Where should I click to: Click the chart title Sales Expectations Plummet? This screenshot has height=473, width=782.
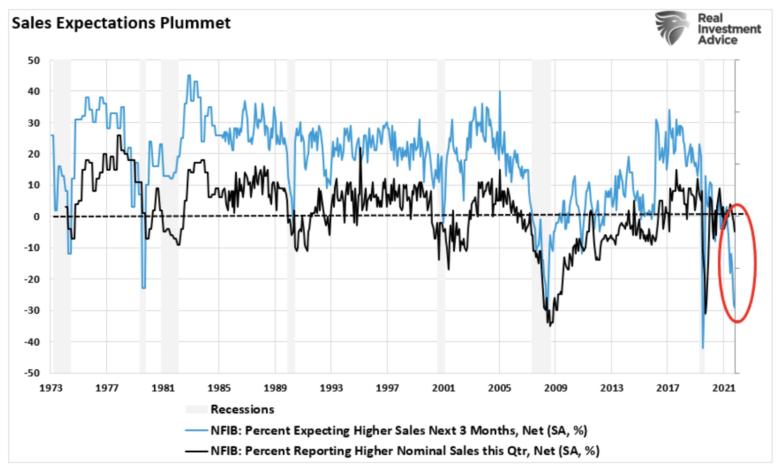(x=121, y=23)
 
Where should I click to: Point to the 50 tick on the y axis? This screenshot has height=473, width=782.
(x=34, y=60)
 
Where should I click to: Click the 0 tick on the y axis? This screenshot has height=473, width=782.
(x=37, y=217)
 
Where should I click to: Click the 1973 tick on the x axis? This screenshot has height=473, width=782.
(x=51, y=388)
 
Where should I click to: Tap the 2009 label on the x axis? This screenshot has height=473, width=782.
(x=555, y=388)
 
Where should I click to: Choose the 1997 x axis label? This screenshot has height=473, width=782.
(x=387, y=388)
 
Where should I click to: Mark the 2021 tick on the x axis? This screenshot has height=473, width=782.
(x=723, y=388)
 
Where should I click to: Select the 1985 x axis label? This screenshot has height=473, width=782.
(x=219, y=388)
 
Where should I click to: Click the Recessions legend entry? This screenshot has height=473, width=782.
(x=242, y=409)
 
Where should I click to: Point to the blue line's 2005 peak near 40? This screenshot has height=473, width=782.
(x=500, y=92)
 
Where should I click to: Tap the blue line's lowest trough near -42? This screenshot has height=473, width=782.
(x=703, y=348)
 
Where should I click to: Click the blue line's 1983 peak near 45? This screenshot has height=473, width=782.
(x=189, y=75)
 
